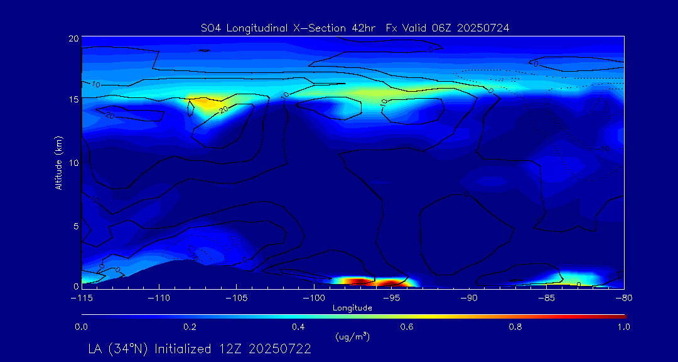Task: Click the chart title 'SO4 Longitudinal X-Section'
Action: [264, 28]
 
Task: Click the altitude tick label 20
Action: [73, 38]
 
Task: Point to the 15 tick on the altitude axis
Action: [73, 100]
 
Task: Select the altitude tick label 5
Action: [75, 225]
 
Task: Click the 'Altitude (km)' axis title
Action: [58, 163]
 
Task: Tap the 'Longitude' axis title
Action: [352, 308]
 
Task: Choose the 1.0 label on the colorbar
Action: [622, 327]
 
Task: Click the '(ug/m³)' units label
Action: [353, 337]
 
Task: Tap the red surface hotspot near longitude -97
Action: [355, 281]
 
